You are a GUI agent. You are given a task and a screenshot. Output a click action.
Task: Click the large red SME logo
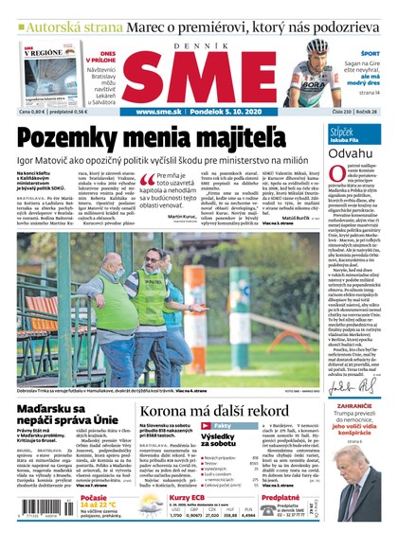coord(199,74)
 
